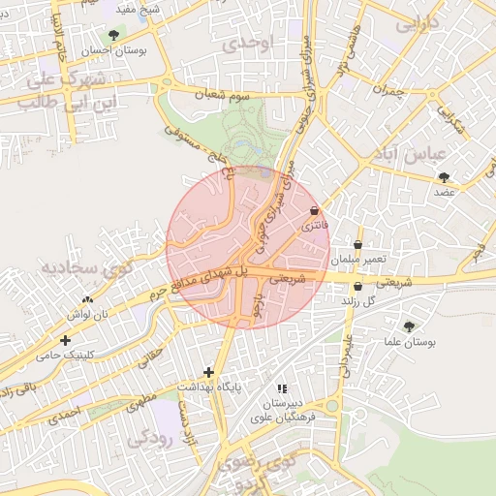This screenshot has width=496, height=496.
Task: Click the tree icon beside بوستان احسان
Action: (x=113, y=36)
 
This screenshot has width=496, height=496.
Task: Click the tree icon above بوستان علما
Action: (x=409, y=326)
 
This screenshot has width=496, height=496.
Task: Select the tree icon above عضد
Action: (x=444, y=177)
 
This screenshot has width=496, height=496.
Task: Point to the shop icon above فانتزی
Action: (x=314, y=211)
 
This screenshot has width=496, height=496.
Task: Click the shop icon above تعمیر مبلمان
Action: (x=358, y=245)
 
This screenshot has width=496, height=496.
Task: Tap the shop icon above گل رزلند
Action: (x=357, y=287)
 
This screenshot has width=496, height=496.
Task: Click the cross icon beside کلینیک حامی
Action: (x=65, y=341)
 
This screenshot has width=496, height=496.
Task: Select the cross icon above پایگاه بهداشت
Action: (x=208, y=372)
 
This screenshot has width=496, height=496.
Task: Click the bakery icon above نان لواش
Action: (x=88, y=299)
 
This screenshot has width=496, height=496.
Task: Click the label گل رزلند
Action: (x=357, y=302)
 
